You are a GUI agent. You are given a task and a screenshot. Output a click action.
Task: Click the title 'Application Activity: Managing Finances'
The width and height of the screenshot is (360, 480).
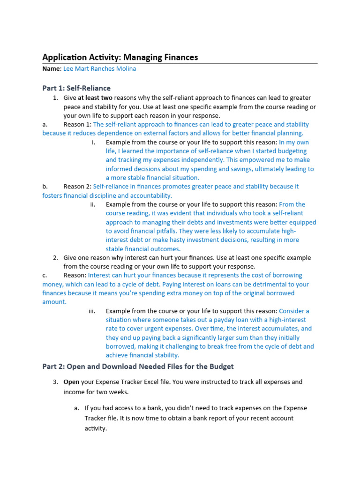pyautogui.click(x=120, y=58)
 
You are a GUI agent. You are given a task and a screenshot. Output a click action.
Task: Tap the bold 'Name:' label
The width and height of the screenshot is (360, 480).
pyautogui.click(x=52, y=69)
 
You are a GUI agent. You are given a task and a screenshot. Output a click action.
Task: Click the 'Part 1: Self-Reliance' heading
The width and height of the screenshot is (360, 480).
pyautogui.click(x=76, y=88)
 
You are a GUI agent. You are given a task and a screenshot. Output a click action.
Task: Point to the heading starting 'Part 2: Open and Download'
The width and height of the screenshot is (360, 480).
pyautogui.click(x=138, y=366)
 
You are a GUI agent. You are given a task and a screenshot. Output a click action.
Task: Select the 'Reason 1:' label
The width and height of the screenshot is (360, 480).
pyautogui.click(x=78, y=125)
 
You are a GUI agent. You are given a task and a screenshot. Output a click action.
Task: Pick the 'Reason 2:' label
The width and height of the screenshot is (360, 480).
pyautogui.click(x=78, y=187)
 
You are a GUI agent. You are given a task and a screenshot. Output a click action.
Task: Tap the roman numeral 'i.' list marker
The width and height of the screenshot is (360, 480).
pyautogui.click(x=93, y=142)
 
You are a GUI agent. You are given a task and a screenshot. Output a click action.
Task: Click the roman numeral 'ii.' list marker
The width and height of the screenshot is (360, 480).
pyautogui.click(x=93, y=204)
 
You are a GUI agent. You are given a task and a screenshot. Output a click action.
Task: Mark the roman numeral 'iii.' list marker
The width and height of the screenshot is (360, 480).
pyautogui.click(x=92, y=311)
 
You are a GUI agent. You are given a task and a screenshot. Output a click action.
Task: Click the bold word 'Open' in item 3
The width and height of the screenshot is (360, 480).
pyautogui.click(x=72, y=382)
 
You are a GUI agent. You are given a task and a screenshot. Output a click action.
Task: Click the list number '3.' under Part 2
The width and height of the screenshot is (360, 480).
pyautogui.click(x=55, y=382)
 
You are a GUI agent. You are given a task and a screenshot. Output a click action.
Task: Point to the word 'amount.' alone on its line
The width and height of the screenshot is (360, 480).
pyautogui.click(x=54, y=302)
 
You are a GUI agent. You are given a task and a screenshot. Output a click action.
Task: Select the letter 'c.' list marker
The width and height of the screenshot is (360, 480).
pyautogui.click(x=45, y=276)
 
